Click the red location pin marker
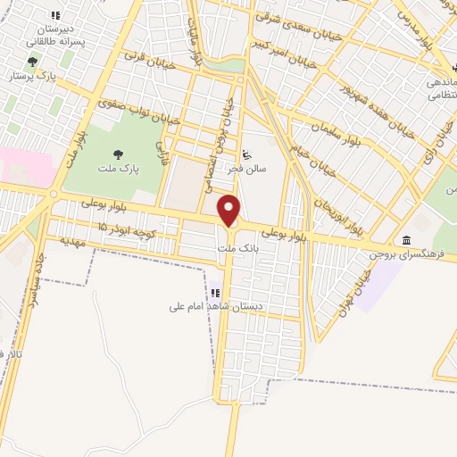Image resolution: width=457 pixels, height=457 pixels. coord(229,211)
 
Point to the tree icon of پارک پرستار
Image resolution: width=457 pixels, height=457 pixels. coord(33,62)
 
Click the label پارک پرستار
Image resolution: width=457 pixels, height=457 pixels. coord(33,76)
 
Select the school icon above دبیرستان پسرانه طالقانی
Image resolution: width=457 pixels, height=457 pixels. coord(55,15)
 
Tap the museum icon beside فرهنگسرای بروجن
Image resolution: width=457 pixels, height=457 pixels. coord(407,240)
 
